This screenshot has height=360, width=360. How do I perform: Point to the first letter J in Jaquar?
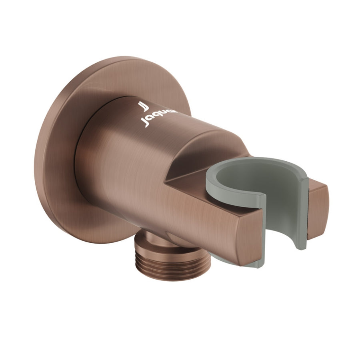pyautogui.click(x=146, y=122)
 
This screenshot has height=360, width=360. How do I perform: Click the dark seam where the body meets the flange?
pyautogui.click(x=80, y=176)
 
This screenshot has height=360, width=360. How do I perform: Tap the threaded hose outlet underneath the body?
pyautogui.click(x=154, y=260)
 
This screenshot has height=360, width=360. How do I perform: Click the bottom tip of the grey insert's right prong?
pyautogui.click(x=301, y=246)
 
